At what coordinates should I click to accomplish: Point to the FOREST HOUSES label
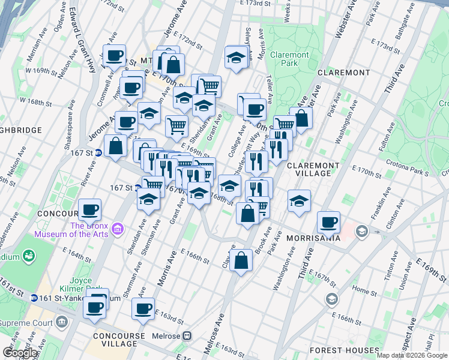click(x=345, y=350)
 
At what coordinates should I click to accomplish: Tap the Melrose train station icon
click(x=187, y=336)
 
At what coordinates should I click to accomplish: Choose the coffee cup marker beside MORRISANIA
click(x=328, y=222)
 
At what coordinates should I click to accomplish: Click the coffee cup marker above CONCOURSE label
click(x=89, y=209)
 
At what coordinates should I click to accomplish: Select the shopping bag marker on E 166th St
click(x=241, y=260)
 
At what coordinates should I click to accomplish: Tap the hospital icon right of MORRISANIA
click(x=362, y=230)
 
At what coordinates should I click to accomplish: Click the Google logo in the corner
click(x=20, y=353)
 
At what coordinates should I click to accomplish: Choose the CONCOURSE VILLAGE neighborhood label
click(x=119, y=340)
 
